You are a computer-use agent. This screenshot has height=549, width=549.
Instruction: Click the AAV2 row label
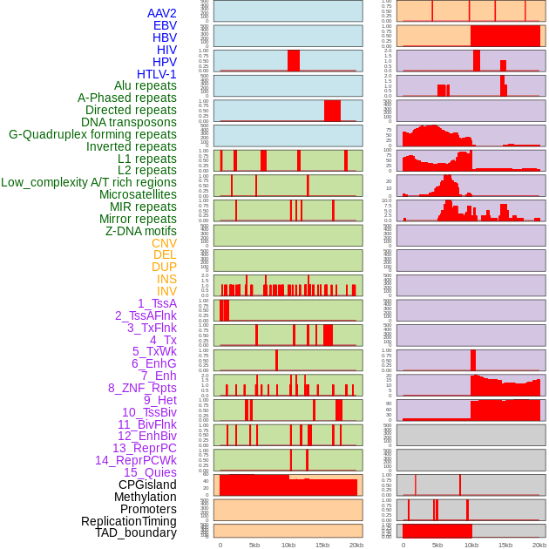click(x=162, y=14)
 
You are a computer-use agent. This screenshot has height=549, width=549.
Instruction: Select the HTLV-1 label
click(x=157, y=74)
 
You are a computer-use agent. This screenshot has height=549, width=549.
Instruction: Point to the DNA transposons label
click(x=129, y=123)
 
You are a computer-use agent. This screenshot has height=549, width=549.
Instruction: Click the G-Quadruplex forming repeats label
click(x=92, y=135)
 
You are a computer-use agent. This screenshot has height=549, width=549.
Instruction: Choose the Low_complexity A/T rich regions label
click(x=89, y=183)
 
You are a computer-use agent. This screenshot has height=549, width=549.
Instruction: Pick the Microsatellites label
click(x=138, y=195)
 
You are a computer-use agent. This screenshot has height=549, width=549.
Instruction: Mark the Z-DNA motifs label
click(x=141, y=231)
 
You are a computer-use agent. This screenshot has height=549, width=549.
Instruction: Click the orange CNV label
click(x=164, y=243)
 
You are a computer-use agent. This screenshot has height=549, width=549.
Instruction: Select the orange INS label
click(x=166, y=280)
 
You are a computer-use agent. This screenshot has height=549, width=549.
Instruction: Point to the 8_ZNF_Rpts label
click(x=142, y=388)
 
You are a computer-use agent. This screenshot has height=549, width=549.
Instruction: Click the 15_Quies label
click(x=150, y=472)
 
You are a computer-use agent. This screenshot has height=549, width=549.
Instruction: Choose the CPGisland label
click(x=147, y=485)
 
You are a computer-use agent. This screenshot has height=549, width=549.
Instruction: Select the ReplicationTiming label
click(x=129, y=521)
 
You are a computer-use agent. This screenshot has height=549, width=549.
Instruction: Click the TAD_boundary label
click(x=136, y=532)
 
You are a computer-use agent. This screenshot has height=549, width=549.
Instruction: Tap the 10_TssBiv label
click(x=149, y=412)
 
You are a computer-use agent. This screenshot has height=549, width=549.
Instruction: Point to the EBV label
click(x=165, y=26)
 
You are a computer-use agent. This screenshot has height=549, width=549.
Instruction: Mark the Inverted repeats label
click(x=132, y=146)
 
